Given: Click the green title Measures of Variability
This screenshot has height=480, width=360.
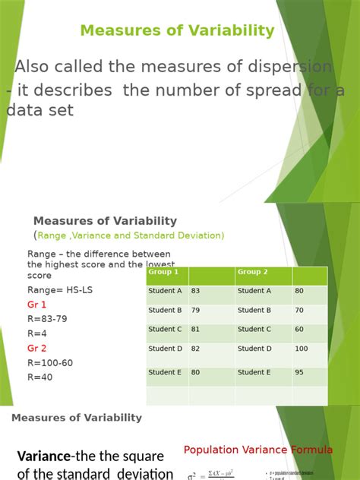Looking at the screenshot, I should click(x=177, y=31).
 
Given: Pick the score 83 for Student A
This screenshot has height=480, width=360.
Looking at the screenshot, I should click(x=196, y=291).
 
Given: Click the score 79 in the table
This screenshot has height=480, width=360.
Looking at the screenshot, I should click(x=196, y=311).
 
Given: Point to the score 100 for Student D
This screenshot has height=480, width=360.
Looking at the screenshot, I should click(x=302, y=349).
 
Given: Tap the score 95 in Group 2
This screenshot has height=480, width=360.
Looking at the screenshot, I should click(x=299, y=373).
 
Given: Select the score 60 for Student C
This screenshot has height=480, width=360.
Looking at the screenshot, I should click(x=299, y=330).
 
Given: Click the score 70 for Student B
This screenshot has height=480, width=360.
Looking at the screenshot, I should click(x=299, y=311).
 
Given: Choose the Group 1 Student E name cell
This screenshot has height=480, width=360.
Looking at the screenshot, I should click(x=166, y=373).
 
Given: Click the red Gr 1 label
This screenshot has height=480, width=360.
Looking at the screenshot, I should click(x=37, y=305).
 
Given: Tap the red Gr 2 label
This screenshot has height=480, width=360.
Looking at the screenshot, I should click(x=37, y=349).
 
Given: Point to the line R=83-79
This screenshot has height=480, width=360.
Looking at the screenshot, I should click(x=47, y=319).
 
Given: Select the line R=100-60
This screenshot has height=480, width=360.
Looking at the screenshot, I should click(x=50, y=363).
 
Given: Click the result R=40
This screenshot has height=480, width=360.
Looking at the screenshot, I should click(x=40, y=377).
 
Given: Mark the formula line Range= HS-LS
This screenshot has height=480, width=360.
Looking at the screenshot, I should click(x=60, y=290).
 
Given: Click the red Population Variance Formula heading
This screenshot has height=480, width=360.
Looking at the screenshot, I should click(x=258, y=450).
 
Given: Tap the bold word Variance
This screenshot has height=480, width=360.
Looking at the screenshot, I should click(x=44, y=456).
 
